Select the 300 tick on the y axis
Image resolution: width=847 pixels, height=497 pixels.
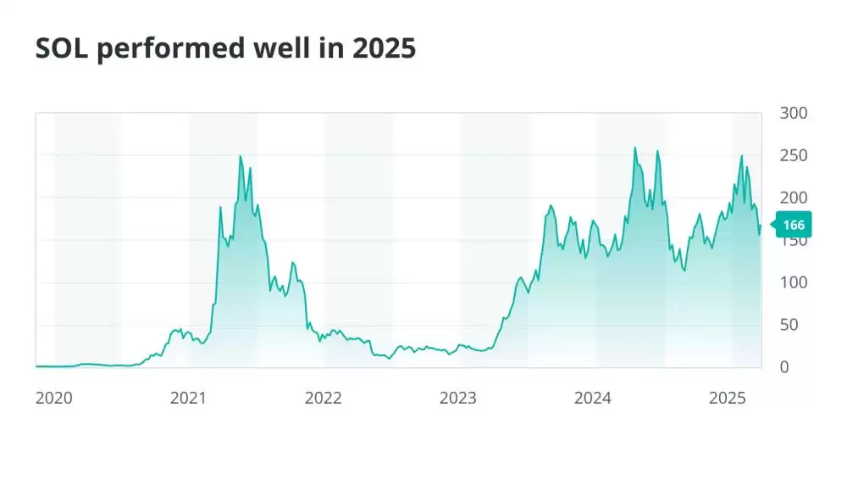pos(794,113)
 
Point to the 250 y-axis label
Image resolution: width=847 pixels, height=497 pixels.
pos(794,155)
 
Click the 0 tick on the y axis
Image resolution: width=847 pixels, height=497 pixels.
pos(785,367)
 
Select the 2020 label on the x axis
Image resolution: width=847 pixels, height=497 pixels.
pos(54,398)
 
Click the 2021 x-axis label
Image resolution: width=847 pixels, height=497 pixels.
pos(189,398)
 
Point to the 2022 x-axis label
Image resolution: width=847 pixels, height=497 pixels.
pos(324,398)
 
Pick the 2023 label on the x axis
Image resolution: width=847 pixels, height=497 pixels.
pos(458,398)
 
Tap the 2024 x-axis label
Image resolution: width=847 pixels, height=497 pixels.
pos(593,398)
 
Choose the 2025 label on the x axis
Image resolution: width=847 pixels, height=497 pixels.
pos(728,398)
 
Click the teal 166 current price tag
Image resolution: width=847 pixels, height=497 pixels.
pos(794,225)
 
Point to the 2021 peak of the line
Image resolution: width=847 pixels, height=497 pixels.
pos(241,156)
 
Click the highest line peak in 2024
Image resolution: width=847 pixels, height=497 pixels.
pos(635,148)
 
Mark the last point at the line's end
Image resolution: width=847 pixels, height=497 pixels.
pos(761,226)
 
